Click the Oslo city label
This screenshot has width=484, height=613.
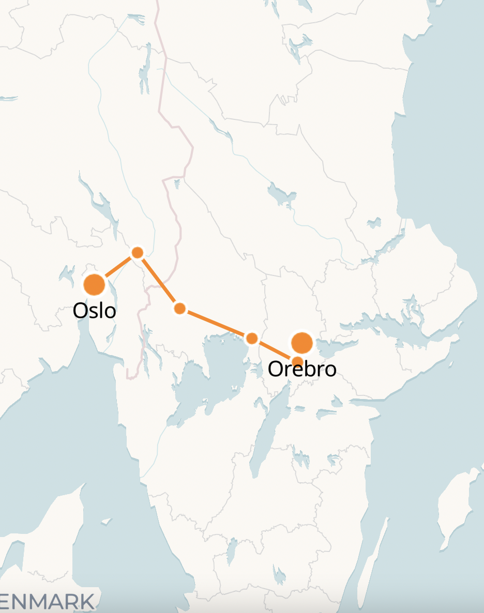click(x=94, y=311)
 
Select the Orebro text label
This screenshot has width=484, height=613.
click(x=302, y=369)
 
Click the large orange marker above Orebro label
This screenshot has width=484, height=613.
click(x=302, y=343)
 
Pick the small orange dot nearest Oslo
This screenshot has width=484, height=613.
click(x=138, y=253)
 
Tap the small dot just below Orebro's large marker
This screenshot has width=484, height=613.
click(x=298, y=361)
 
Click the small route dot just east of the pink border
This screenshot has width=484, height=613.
click(x=179, y=309)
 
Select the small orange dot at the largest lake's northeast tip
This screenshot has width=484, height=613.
click(x=252, y=339)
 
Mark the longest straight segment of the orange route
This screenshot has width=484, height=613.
click(x=216, y=324)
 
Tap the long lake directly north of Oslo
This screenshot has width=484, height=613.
click(x=103, y=207)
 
